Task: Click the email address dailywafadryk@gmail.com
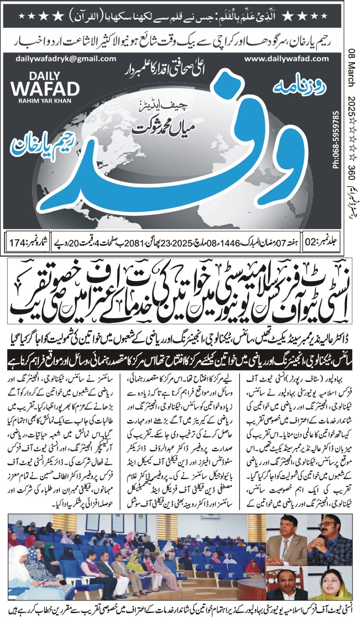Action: coord(66,59)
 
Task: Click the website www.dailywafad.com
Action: coord(286,59)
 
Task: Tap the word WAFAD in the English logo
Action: coord(45,89)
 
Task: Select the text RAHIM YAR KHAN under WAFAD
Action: coord(45,101)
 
